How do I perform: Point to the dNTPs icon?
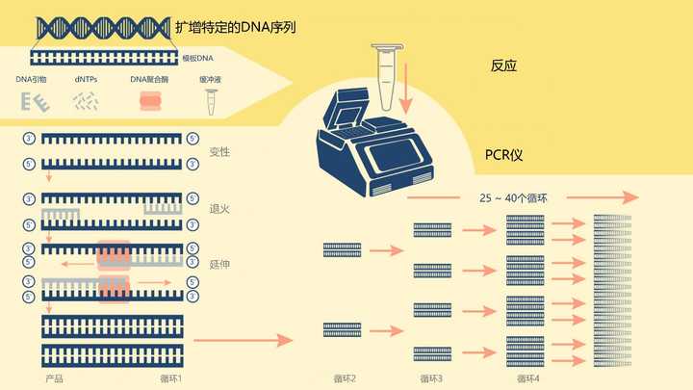pos(86,100)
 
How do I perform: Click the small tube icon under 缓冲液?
pos(210,98)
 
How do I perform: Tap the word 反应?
pos(504,66)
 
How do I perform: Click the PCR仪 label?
pos(504,155)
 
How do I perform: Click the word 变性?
pos(219,152)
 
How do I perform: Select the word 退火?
pos(219,208)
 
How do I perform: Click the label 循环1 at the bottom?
pos(170,378)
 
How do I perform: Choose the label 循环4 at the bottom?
pos(527,378)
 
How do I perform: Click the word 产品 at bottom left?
pos(54,378)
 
